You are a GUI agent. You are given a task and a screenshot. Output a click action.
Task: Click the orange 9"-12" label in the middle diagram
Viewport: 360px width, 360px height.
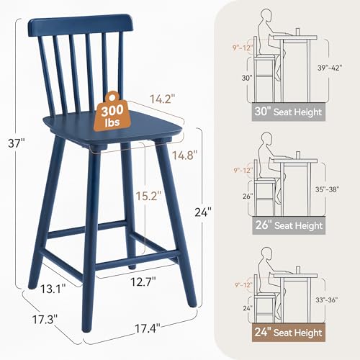[x=245, y=171]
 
